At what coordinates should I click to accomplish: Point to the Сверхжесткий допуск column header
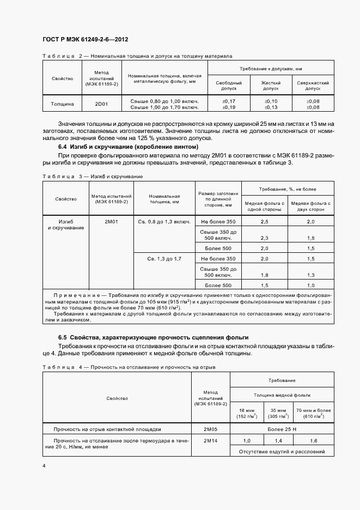tap(313, 85)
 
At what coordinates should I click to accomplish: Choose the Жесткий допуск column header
tap(271, 85)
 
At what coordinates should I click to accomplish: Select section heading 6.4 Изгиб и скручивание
tap(128, 147)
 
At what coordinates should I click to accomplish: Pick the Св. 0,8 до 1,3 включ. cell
tap(164, 222)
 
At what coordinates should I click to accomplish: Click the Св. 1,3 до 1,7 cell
tap(164, 259)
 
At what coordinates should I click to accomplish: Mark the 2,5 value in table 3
tap(265, 222)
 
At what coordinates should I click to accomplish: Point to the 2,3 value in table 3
tap(265, 238)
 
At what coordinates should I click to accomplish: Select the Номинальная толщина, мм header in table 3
tap(164, 198)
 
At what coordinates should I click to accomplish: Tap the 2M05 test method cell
tap(210, 428)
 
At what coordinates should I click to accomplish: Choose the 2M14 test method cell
tap(210, 440)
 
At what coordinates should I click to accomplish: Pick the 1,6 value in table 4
tap(313, 440)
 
